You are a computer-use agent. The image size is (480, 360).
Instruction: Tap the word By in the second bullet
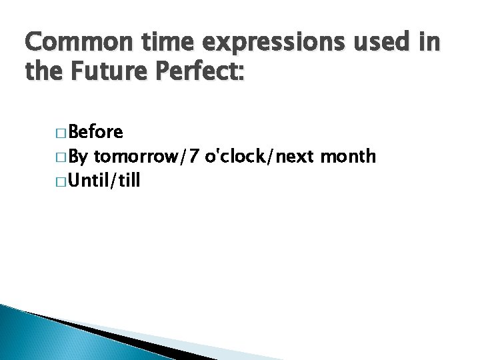77,157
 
